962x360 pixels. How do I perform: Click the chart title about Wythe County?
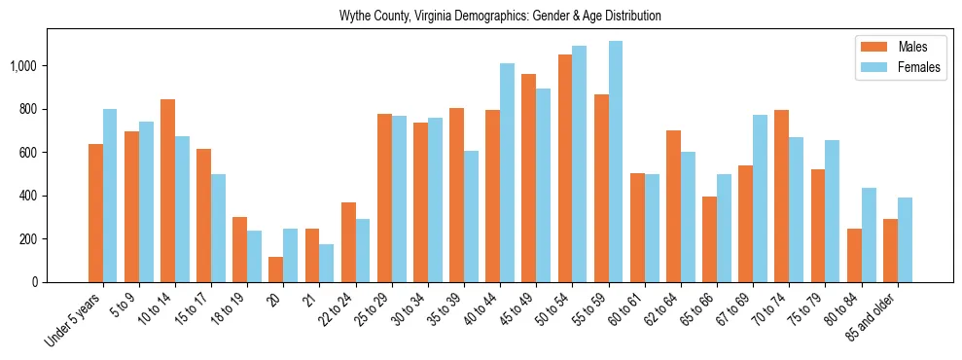500,17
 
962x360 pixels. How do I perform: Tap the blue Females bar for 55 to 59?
616,162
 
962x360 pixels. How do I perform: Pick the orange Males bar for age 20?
276,270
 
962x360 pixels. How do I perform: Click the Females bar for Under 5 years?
110,196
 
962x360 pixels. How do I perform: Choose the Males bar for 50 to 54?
565,168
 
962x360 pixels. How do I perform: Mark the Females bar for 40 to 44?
507,173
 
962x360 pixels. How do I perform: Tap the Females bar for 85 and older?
905,239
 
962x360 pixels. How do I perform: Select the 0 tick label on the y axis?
34,282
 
